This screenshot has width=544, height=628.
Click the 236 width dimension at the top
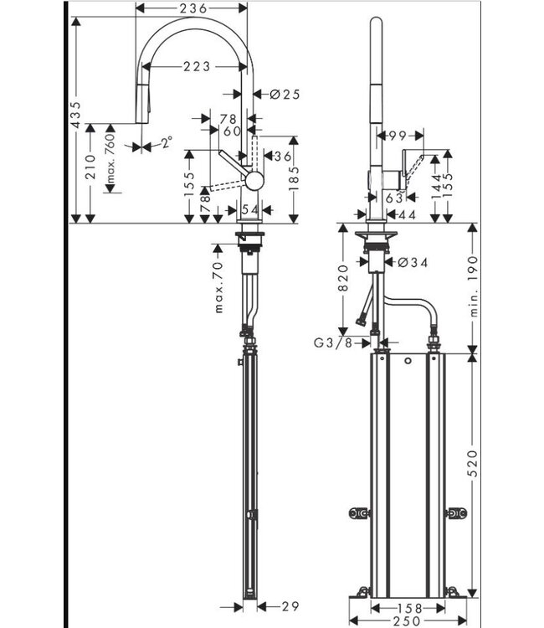192,9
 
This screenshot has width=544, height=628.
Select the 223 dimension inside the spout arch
192,68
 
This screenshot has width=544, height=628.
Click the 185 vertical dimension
293,177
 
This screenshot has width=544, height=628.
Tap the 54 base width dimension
249,208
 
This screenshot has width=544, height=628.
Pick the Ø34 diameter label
411,262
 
